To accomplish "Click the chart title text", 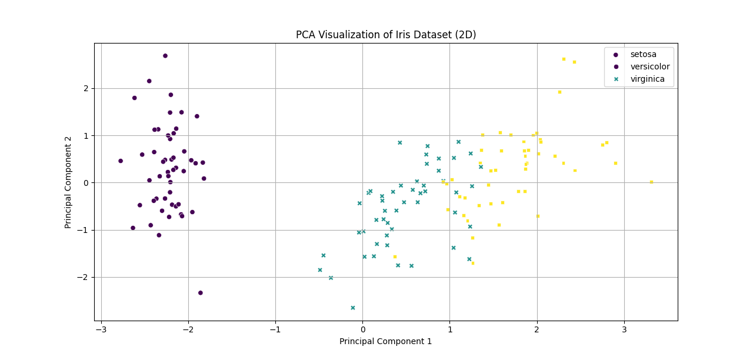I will (x=386, y=35).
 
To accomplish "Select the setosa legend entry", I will (x=644, y=54).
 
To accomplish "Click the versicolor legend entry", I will (x=649, y=66).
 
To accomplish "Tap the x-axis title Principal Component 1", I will (x=385, y=341).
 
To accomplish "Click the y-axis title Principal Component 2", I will (x=68, y=182).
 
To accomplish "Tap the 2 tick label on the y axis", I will (x=85, y=88).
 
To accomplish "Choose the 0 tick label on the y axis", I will (x=85, y=183).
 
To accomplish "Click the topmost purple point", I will (x=165, y=56).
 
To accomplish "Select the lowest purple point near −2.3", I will (x=201, y=293).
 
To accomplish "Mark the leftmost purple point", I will (x=121, y=161).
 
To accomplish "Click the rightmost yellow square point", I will (x=651, y=182).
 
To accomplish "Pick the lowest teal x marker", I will (x=353, y=308).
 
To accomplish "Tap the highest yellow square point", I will (x=564, y=59).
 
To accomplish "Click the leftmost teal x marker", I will (x=320, y=270).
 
